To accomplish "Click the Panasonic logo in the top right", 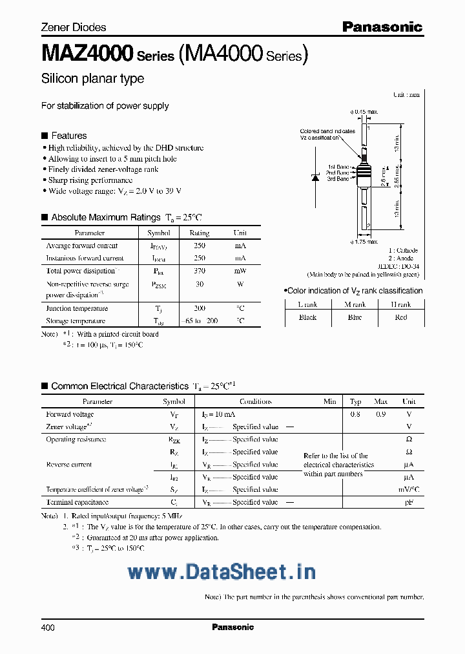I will [x=382, y=26].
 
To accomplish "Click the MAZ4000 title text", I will [x=87, y=53].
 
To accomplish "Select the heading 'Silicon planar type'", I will [x=92, y=79].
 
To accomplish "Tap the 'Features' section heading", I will [x=68, y=136].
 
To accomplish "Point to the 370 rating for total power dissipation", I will [x=200, y=271].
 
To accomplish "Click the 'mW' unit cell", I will [x=240, y=271].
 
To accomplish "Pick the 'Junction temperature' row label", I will [x=76, y=309].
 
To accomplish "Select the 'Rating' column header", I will [x=200, y=233].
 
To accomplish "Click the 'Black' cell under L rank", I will [x=307, y=317].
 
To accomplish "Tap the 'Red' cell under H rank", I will [x=401, y=317].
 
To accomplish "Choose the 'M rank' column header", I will [x=354, y=304].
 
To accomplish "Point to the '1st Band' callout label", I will [x=338, y=167].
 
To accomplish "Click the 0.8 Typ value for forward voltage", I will [x=355, y=414].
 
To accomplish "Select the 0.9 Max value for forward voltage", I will [x=380, y=414].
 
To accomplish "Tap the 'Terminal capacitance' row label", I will [x=77, y=502].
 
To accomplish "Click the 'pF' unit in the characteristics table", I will [x=408, y=502].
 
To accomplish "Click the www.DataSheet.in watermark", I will [x=222, y=572].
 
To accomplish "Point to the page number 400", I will [x=48, y=628].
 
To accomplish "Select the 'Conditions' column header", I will [x=256, y=401].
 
